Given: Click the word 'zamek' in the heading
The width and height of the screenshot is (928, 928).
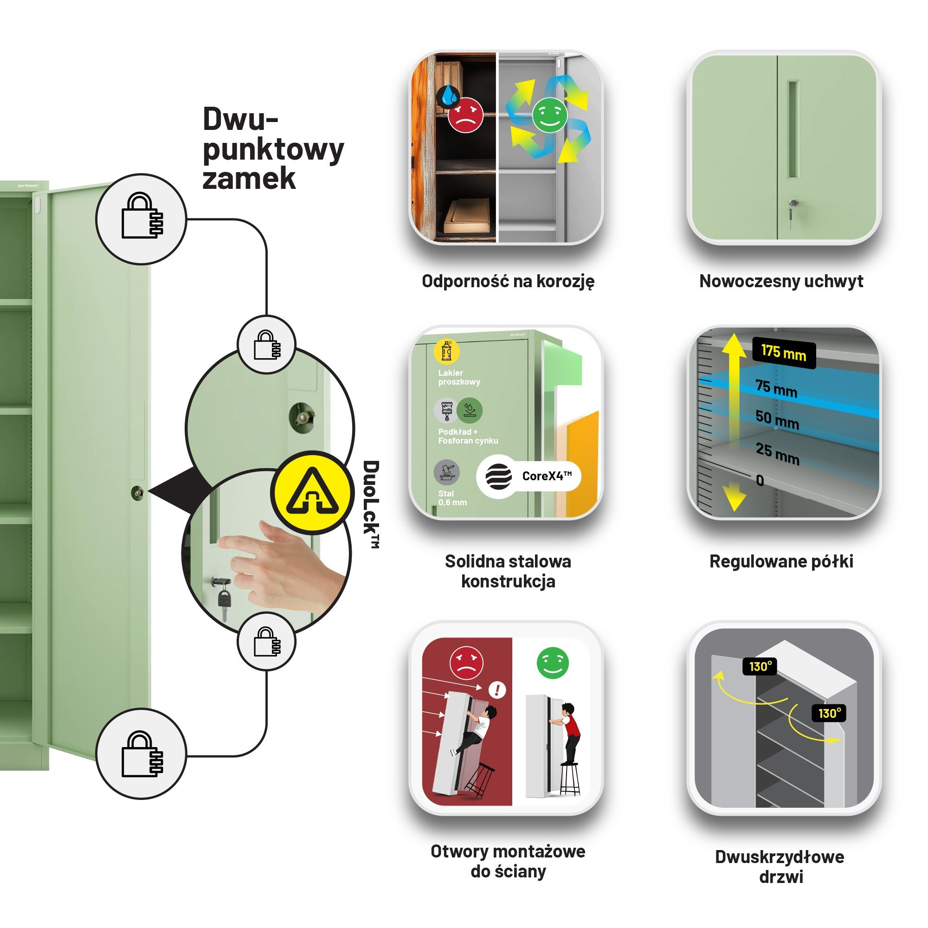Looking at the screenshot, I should tap(249, 179).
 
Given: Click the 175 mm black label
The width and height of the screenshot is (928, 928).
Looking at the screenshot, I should tap(783, 353).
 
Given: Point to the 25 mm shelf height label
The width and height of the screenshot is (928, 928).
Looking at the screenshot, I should tap(777, 453).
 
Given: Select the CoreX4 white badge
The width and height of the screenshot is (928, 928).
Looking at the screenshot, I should tap(528, 476).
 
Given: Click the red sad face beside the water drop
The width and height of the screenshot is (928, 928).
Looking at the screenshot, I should tap(465, 115).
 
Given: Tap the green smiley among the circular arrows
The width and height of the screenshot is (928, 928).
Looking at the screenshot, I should tap(549, 115).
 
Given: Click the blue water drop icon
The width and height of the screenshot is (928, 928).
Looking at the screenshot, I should tap(449, 96).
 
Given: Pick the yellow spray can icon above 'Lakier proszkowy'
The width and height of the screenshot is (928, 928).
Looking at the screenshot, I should tap(446, 351).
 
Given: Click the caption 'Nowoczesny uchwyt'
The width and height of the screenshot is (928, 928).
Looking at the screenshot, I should tap(781, 281).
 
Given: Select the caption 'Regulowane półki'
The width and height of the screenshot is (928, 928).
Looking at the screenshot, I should tap(781, 561).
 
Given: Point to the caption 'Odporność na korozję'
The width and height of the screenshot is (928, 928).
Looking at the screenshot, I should tap(508, 281).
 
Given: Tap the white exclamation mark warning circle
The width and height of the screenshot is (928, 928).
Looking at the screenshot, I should tap(496, 690).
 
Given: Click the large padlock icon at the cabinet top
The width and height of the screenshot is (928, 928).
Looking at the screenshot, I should tap(141, 219).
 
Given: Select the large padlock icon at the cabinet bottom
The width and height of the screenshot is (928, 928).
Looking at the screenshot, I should tap(141, 754).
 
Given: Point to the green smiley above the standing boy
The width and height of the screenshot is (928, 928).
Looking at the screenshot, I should tap(552, 664).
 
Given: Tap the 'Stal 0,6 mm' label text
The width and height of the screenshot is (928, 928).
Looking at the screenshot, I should tap(452, 498).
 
